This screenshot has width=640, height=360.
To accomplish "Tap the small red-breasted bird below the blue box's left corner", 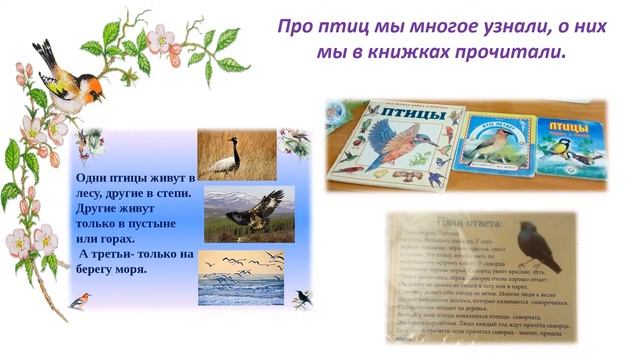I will [x=80, y=299].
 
